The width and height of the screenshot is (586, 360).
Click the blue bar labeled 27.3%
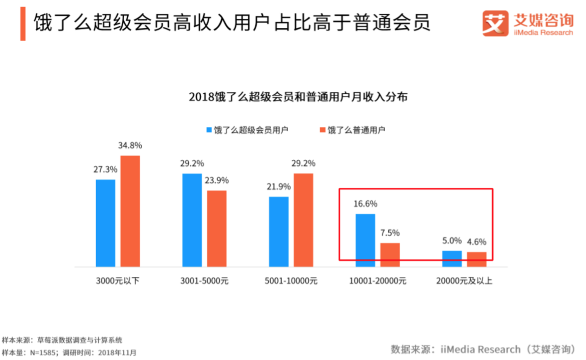(105, 223)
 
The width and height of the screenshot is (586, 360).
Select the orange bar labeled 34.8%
(130, 211)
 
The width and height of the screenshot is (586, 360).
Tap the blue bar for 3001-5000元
(192, 220)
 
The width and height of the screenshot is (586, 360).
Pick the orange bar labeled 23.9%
(217, 228)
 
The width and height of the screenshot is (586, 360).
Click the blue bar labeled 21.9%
(279, 232)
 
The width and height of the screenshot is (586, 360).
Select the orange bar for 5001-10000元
(303, 220)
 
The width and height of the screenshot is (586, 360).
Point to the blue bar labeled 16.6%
(365, 240)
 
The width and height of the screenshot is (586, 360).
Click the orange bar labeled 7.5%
(390, 255)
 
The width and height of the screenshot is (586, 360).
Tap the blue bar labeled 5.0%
(452, 259)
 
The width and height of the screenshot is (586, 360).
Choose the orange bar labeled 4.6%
(477, 259)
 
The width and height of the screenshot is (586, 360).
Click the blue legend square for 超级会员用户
(209, 130)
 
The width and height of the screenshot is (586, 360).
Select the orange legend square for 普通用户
(323, 130)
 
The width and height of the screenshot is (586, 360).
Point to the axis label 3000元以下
(117, 281)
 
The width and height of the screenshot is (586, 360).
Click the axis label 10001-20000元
(377, 281)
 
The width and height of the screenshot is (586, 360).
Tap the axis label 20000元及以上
(464, 281)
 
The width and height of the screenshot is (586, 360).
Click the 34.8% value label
(130, 146)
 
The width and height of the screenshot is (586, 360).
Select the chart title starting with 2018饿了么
(298, 98)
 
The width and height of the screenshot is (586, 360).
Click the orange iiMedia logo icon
(495, 23)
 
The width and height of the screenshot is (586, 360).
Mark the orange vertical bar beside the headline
(23, 24)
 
